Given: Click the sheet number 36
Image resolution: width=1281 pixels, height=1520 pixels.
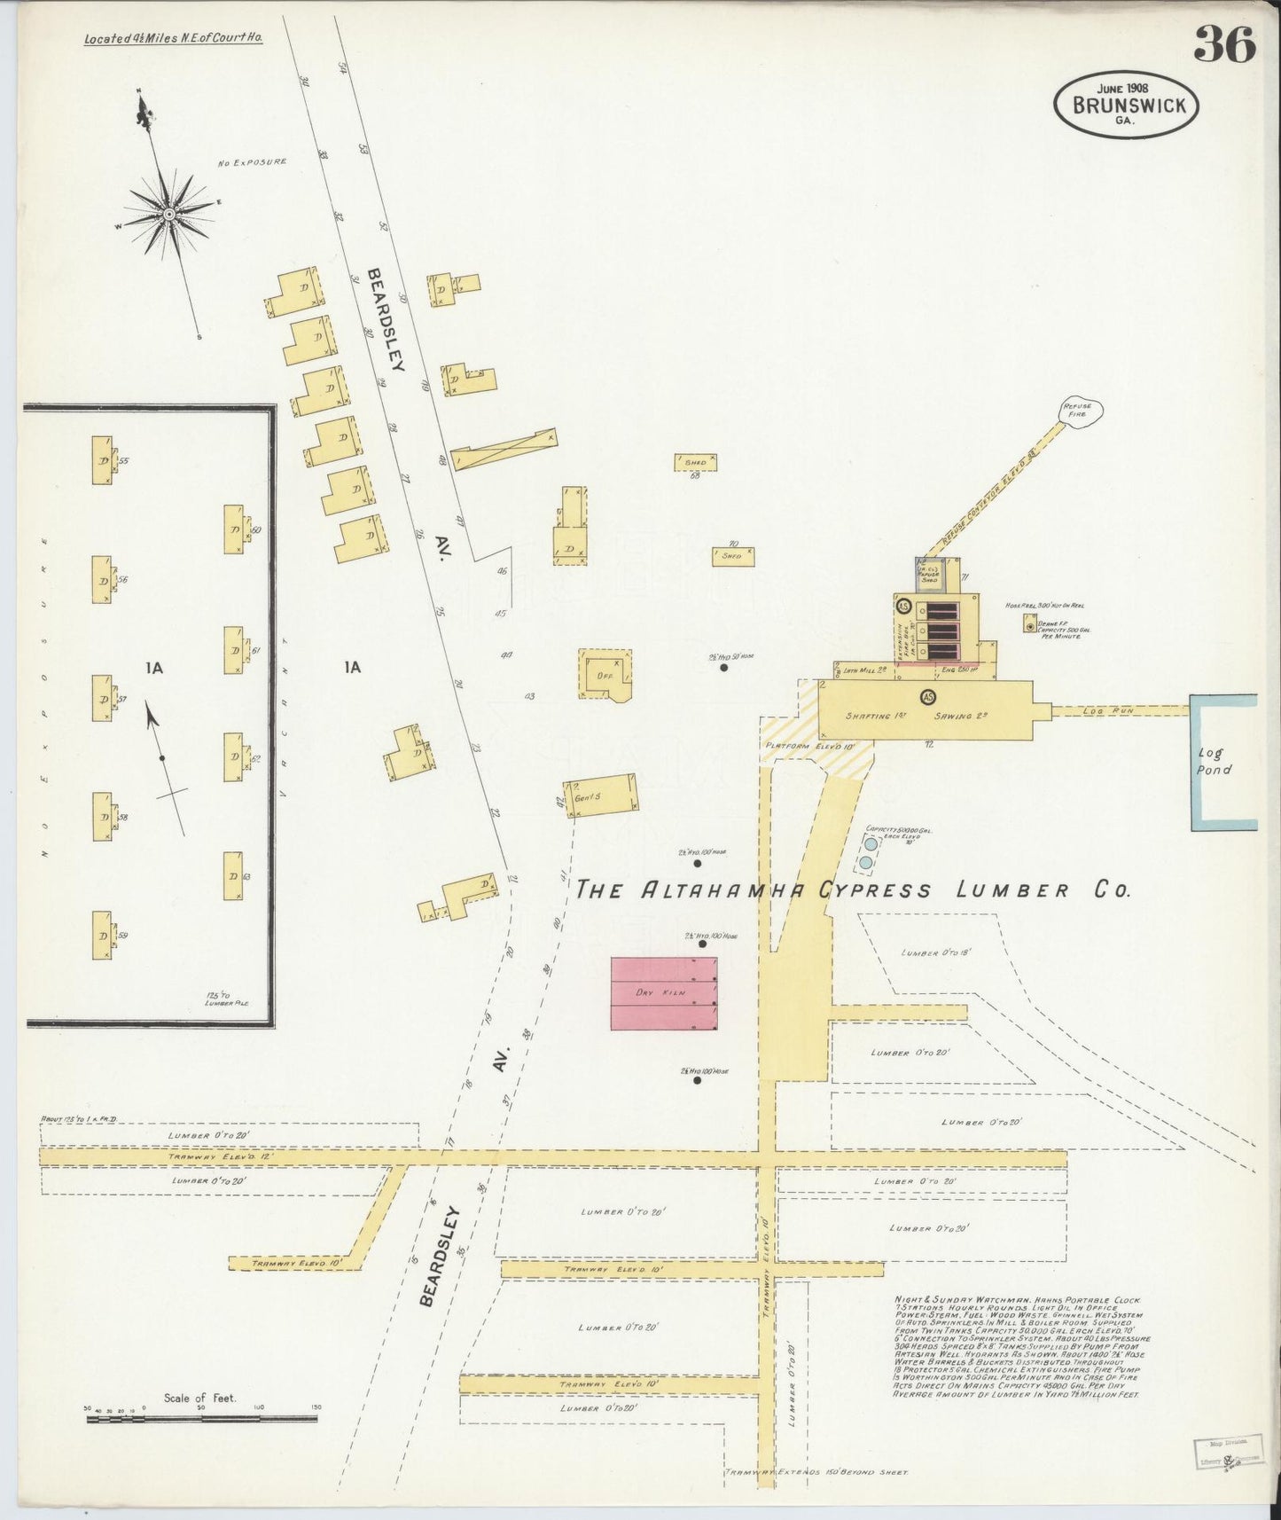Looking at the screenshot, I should [x=1224, y=44].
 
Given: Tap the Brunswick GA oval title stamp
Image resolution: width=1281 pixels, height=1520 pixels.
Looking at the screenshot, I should [x=1126, y=105].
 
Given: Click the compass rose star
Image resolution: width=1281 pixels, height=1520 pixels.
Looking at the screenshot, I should [x=168, y=214].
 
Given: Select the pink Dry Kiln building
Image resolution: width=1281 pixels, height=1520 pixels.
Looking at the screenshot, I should [x=663, y=993].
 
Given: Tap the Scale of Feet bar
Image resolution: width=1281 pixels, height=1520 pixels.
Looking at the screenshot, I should [x=201, y=1419].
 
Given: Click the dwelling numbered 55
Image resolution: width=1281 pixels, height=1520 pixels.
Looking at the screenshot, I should [x=102, y=460].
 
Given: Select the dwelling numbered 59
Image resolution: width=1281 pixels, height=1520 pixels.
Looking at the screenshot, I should [x=102, y=935].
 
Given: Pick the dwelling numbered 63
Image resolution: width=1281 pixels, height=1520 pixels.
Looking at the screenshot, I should [x=233, y=876].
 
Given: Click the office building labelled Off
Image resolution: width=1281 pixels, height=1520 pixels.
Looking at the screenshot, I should [x=605, y=675].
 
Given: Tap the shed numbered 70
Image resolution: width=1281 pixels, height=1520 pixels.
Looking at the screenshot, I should [x=732, y=556].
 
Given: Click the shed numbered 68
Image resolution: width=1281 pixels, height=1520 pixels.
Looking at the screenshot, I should [x=695, y=462].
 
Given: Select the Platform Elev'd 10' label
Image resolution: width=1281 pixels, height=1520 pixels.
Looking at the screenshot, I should [x=808, y=746].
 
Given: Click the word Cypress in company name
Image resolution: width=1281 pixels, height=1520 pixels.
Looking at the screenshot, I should [x=874, y=890].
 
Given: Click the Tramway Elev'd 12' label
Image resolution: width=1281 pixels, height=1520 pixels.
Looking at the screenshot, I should [x=217, y=1157].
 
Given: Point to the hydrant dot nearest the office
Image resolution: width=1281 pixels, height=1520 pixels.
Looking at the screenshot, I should [x=723, y=667].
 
